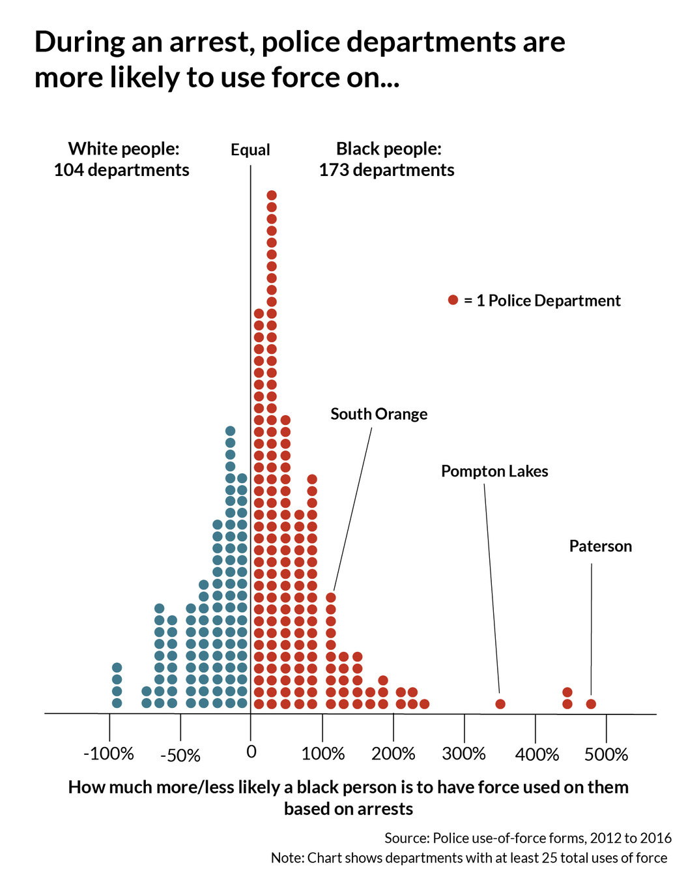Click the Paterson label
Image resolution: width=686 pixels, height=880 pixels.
pos(600,546)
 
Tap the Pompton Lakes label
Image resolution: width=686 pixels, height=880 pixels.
pos(494,471)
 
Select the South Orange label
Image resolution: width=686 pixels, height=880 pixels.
pos(379,414)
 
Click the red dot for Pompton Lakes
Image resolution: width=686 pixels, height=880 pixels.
pos(500,704)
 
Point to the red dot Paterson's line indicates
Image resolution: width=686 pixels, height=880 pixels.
pos(591,704)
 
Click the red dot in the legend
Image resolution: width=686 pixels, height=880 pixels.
pos(453,300)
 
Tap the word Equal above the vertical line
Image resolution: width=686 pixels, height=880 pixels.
pos(250,150)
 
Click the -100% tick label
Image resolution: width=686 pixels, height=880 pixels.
pos(109,754)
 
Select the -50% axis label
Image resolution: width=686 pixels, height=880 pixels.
pos(180,755)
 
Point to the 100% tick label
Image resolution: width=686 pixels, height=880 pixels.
pos(323,754)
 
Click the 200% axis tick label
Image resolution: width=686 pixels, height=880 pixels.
pos(393,754)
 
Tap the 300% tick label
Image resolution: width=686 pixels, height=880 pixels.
pos(464,754)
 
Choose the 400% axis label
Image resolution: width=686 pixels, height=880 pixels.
pos(537,755)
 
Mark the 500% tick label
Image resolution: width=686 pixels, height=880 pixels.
pos(607,755)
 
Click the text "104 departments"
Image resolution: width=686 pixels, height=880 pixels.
pos(122,170)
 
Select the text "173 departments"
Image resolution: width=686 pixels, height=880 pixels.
pos(386,170)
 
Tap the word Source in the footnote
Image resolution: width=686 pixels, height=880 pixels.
pos(406,838)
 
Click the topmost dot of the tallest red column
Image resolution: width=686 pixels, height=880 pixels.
pos(272,196)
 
